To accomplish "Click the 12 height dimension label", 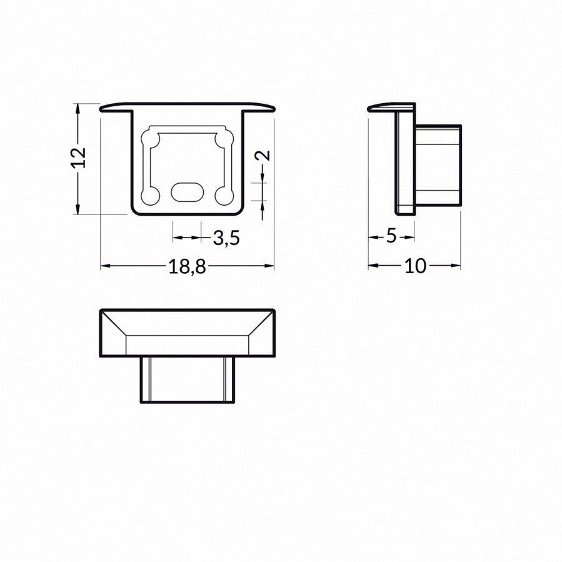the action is coord(79,158).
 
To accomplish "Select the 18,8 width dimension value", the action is coord(187,267).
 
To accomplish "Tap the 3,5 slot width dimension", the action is coord(226,238).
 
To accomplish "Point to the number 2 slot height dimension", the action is coord(263,155).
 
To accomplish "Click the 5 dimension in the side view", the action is coord(391,236).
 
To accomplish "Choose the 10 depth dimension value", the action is coord(416,266).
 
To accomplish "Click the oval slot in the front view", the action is coord(187,192).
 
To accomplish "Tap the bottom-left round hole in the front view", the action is coord(151,196).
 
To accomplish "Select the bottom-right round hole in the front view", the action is coord(224,196).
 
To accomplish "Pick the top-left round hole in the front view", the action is coord(151,139).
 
